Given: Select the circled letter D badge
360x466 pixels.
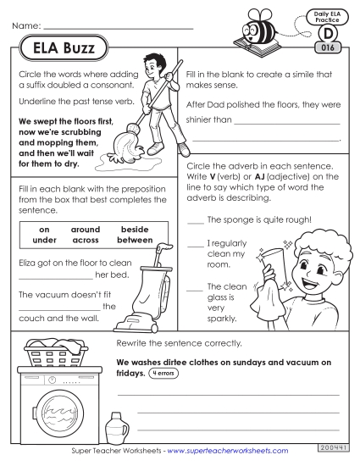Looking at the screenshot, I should [x=328, y=35].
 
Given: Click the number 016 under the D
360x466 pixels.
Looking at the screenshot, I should [x=328, y=48].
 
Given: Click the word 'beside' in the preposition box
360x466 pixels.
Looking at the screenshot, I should [x=135, y=230].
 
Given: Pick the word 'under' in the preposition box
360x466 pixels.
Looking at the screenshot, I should [x=46, y=240].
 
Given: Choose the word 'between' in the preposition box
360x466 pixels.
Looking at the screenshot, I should [x=135, y=240].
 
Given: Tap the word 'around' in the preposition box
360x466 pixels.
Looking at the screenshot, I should [x=86, y=230].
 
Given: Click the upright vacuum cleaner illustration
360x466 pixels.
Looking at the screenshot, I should [x=152, y=289].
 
